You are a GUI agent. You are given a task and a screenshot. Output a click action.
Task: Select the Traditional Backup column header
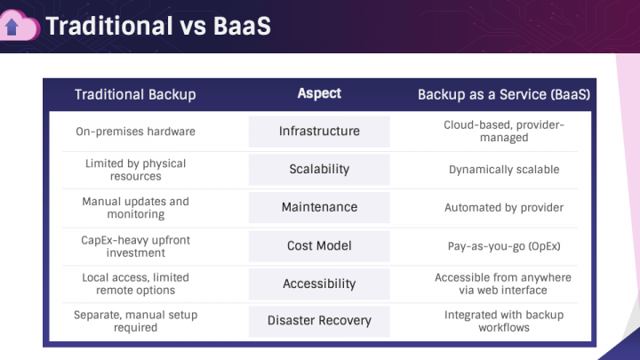coord(135,94)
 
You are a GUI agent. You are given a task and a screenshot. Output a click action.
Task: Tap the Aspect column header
coord(319,93)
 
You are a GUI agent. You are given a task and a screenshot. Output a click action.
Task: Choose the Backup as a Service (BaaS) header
coord(504,94)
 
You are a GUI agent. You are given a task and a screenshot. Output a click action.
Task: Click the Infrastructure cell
coord(319,132)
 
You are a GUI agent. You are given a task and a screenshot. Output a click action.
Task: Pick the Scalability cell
coord(319,169)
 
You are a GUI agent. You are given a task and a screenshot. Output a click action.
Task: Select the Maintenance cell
coord(319,207)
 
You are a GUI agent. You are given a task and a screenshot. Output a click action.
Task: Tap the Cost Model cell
coord(319,245)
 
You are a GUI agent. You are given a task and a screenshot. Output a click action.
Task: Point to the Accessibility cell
coord(319,284)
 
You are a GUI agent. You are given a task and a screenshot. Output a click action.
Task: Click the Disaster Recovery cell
coord(319,321)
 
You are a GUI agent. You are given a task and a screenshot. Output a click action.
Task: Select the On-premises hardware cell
coord(135,132)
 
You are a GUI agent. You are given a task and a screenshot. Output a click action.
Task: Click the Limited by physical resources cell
coord(135,170)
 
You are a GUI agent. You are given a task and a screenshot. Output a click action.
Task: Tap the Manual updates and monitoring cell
coord(135,207)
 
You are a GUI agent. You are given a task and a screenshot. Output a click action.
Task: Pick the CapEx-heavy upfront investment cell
coord(135,245)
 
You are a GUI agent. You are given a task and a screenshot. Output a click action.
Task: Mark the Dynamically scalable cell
coord(504,170)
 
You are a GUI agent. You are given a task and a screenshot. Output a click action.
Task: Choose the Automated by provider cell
coord(504,208)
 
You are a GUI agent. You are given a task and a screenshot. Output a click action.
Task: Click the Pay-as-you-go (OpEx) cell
coord(504,245)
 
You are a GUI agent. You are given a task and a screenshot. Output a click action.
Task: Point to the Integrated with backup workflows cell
coord(504,321)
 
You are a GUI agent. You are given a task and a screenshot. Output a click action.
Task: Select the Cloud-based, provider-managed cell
coord(504,132)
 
